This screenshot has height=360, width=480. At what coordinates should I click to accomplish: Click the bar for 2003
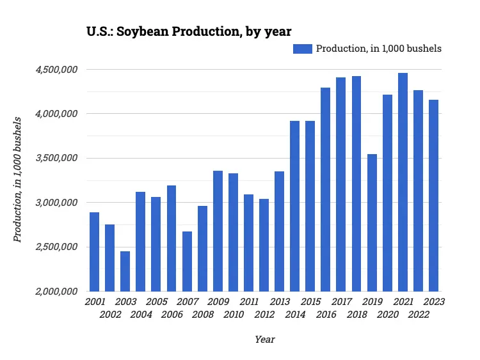tap(125, 271)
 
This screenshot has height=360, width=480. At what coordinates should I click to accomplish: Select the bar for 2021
tap(403, 182)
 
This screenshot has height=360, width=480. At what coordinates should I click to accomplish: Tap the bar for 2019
tap(372, 223)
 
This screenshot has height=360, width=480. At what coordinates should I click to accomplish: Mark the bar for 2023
tap(433, 195)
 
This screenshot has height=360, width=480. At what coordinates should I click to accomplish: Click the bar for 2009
tap(218, 231)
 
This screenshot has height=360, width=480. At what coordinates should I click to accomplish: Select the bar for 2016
tap(326, 189)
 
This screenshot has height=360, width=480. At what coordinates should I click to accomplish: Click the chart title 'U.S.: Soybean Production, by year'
tap(189, 31)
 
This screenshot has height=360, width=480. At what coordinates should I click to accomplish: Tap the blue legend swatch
tap(303, 49)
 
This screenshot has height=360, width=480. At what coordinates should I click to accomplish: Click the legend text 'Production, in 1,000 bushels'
tap(379, 49)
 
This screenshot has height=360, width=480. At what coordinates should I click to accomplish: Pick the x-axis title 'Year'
tap(264, 340)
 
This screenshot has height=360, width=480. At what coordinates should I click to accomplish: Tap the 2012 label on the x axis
tap(264, 315)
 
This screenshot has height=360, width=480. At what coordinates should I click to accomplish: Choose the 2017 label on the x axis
tap(341, 302)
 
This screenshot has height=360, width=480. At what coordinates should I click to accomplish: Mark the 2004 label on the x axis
tap(141, 315)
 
